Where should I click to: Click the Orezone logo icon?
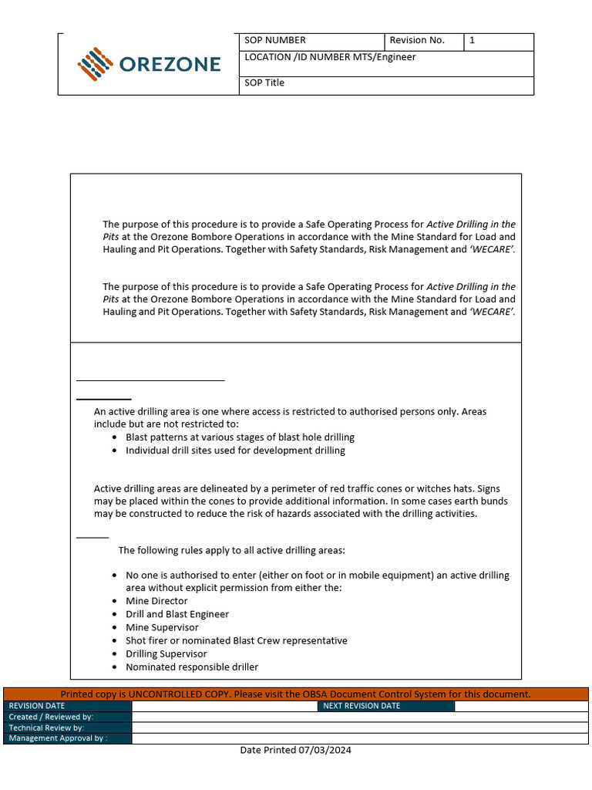tap(96, 64)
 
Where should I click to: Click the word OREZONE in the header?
tap(170, 64)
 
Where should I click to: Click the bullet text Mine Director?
tap(156, 601)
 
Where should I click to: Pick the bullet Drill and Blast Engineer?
tap(177, 614)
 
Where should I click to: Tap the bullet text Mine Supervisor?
tap(162, 627)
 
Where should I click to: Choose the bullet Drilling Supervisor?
tap(166, 653)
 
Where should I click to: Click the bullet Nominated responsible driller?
tap(192, 667)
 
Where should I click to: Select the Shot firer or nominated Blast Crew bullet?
tap(236, 640)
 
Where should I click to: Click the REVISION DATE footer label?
tap(37, 706)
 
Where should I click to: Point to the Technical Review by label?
tap(46, 728)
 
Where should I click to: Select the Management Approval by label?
tap(58, 738)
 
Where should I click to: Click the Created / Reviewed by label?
tap(51, 717)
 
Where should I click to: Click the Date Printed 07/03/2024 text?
tap(295, 750)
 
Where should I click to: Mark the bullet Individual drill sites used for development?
tap(235, 450)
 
